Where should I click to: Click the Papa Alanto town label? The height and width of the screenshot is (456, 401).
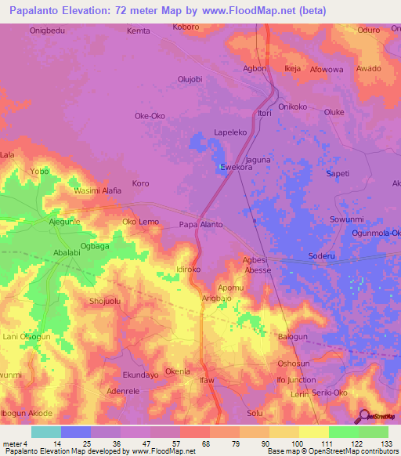(201, 225)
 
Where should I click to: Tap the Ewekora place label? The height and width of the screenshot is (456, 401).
(236, 168)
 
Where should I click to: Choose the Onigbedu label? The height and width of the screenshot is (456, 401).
(47, 31)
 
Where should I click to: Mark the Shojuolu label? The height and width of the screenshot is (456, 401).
(106, 301)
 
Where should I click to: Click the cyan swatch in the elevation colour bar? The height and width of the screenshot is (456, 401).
(46, 432)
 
